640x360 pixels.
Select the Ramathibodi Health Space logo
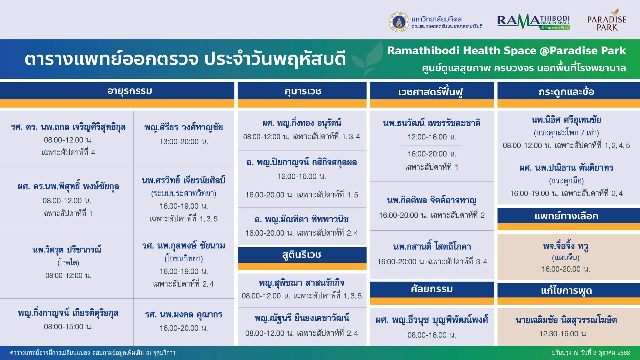click(x=533, y=23)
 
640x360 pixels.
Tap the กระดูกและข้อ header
click(x=566, y=92)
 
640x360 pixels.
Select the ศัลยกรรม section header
click(x=432, y=289)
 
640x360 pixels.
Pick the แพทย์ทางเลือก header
click(x=566, y=216)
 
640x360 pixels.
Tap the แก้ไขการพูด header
click(x=566, y=291)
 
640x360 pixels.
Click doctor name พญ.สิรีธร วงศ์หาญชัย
click(x=183, y=127)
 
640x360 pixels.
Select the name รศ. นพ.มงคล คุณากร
click(x=183, y=314)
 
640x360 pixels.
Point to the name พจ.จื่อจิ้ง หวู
click(x=566, y=246)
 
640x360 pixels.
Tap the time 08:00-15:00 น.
click(x=68, y=327)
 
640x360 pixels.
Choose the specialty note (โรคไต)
click(x=68, y=263)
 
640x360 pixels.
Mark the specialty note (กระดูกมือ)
click(x=566, y=181)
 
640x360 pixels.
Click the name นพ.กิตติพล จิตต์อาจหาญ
click(x=432, y=200)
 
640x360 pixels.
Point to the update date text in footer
click(x=591, y=353)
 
